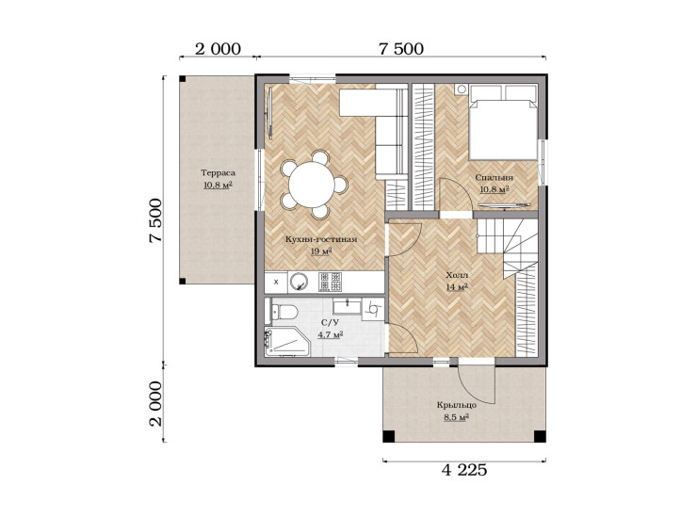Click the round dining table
312,185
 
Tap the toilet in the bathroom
284,312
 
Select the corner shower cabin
286,342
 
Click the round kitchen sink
299,282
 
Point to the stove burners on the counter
331,282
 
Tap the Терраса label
218,173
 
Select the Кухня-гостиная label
321,239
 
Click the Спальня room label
494,178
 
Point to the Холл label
457,275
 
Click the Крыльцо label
457,406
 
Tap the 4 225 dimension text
464,470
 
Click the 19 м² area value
321,251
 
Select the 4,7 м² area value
330,334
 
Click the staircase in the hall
508,246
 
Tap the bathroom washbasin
348,307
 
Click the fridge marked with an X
276,282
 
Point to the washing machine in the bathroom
373,309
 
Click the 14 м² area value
457,287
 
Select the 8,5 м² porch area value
457,417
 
